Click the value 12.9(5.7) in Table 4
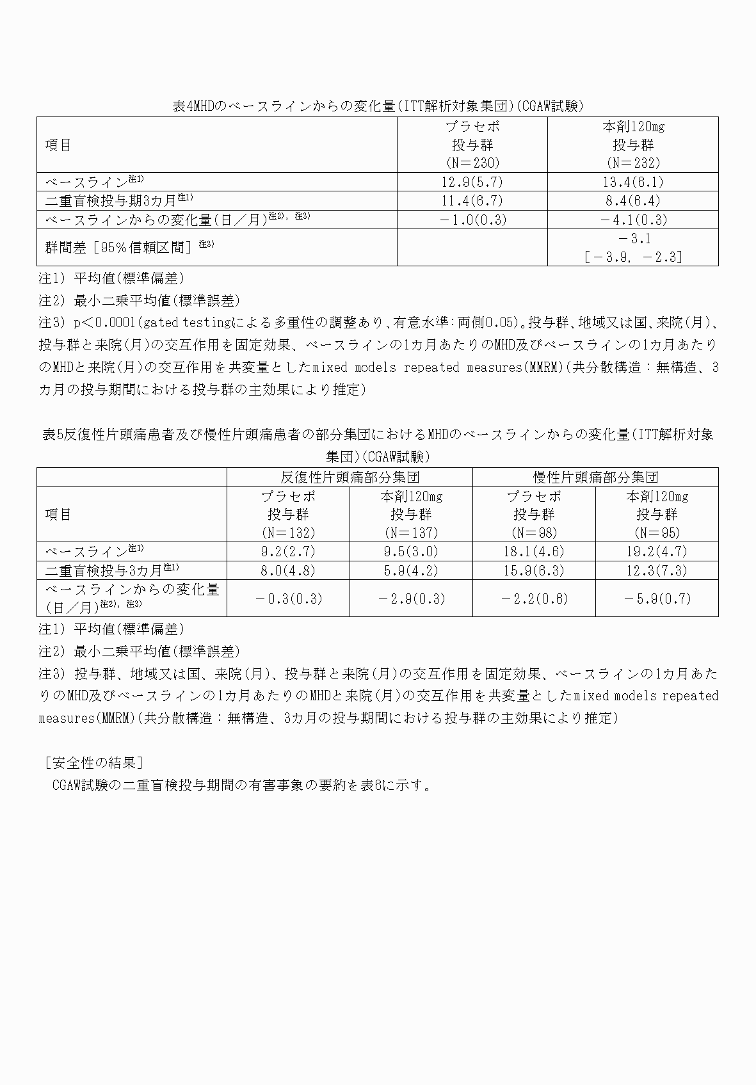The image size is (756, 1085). pyautogui.click(x=472, y=182)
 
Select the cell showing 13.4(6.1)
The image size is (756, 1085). pyautogui.click(x=632, y=182)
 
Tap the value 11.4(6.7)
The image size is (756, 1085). pyautogui.click(x=472, y=201)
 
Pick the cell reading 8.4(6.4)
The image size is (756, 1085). pyautogui.click(x=632, y=201)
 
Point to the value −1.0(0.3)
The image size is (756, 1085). pyautogui.click(x=472, y=220)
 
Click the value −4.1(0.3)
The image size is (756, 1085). pyautogui.click(x=632, y=220)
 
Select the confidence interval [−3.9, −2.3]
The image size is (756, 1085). pyautogui.click(x=632, y=257)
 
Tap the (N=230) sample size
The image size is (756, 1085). pyautogui.click(x=472, y=163)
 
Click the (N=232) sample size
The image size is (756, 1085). pyautogui.click(x=632, y=163)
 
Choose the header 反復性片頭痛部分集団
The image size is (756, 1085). pyautogui.click(x=350, y=478)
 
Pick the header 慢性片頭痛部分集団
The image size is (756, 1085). pyautogui.click(x=595, y=478)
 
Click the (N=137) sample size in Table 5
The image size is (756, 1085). pyautogui.click(x=411, y=533)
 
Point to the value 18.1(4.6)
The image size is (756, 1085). pyautogui.click(x=534, y=552)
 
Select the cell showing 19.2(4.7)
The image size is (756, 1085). pyautogui.click(x=657, y=552)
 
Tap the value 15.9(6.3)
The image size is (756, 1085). pyautogui.click(x=534, y=570)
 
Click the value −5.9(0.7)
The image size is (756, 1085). pyautogui.click(x=657, y=599)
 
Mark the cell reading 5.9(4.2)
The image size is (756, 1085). pyautogui.click(x=411, y=570)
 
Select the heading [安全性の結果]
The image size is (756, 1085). pyautogui.click(x=93, y=763)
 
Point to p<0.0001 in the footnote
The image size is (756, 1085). pyautogui.click(x=106, y=321)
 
